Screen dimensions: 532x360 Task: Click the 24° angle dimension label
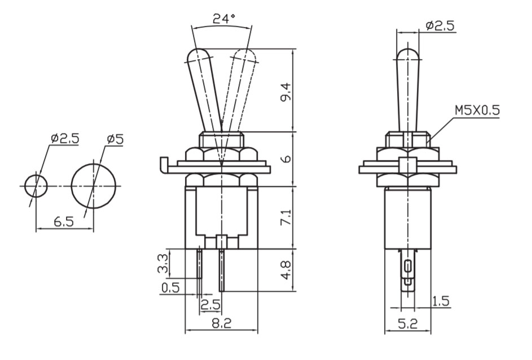point(224,19)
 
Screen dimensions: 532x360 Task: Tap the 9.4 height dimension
point(286,91)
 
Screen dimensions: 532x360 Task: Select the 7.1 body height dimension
point(286,217)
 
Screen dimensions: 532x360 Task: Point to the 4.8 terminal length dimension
point(286,270)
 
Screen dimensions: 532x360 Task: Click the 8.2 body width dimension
point(221,323)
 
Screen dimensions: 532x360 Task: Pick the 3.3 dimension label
point(163,264)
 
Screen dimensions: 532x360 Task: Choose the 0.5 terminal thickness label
point(170,288)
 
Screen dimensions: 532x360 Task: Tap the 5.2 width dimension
point(407,324)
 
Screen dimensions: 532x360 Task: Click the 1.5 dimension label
point(441,301)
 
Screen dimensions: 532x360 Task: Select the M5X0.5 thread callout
point(477,110)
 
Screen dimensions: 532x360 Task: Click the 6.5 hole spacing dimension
point(63,222)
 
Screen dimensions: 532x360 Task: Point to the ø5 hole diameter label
point(115,139)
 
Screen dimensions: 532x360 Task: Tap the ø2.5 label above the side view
point(440,25)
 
